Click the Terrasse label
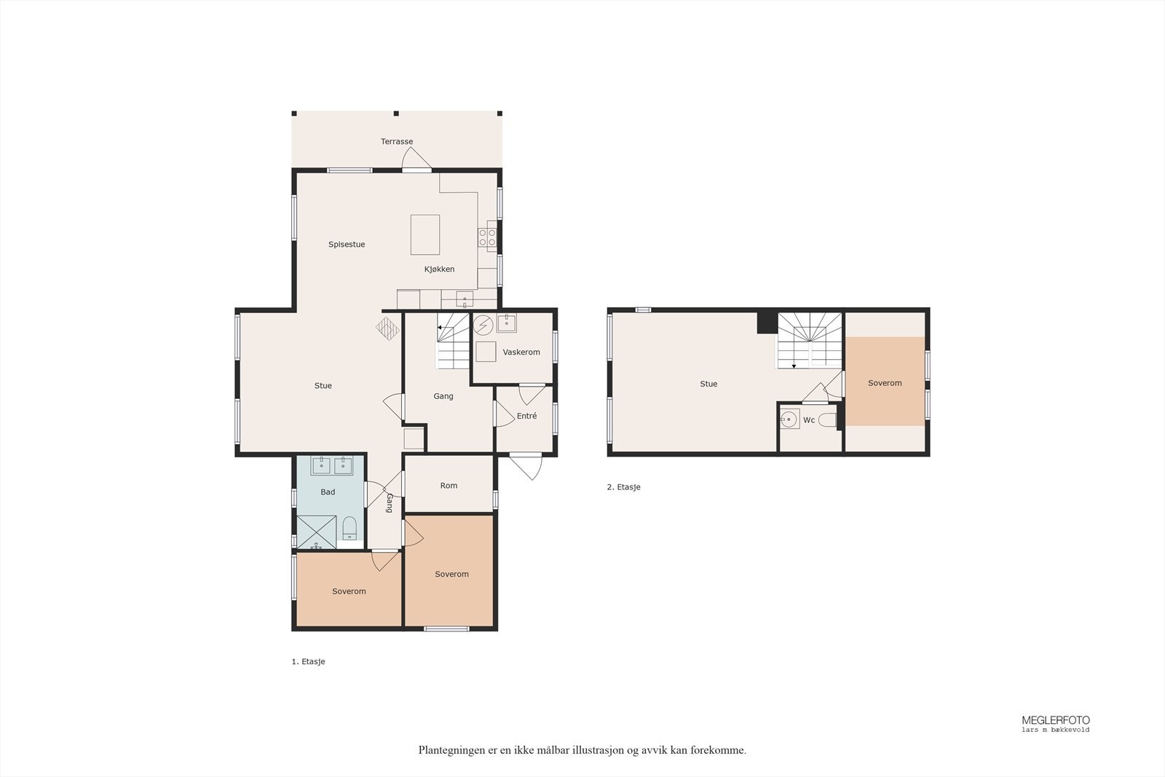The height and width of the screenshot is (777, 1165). coord(397,141)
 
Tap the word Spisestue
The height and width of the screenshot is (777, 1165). coord(347,245)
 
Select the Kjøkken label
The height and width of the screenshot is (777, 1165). coord(440,269)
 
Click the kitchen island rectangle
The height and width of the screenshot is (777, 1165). coord(425,234)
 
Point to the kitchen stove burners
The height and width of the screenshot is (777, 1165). coord(487,237)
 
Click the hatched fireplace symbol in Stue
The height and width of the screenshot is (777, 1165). coord(387,328)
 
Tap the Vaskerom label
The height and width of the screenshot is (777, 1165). coord(521,352)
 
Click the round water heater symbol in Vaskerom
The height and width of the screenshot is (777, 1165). coord(483,325)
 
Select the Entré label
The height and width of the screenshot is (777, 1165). coord(527,416)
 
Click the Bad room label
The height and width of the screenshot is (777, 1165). coord(328,492)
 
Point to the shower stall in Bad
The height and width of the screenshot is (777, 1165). coord(316,532)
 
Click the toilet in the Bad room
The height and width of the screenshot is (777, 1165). coord(349,529)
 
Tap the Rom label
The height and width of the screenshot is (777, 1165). coord(449,486)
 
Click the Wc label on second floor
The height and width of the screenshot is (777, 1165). coord(809,420)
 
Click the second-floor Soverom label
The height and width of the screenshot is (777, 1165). coord(885,383)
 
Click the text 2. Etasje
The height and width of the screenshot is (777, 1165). coord(623,487)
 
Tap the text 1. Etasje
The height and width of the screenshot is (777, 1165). coord(309,661)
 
